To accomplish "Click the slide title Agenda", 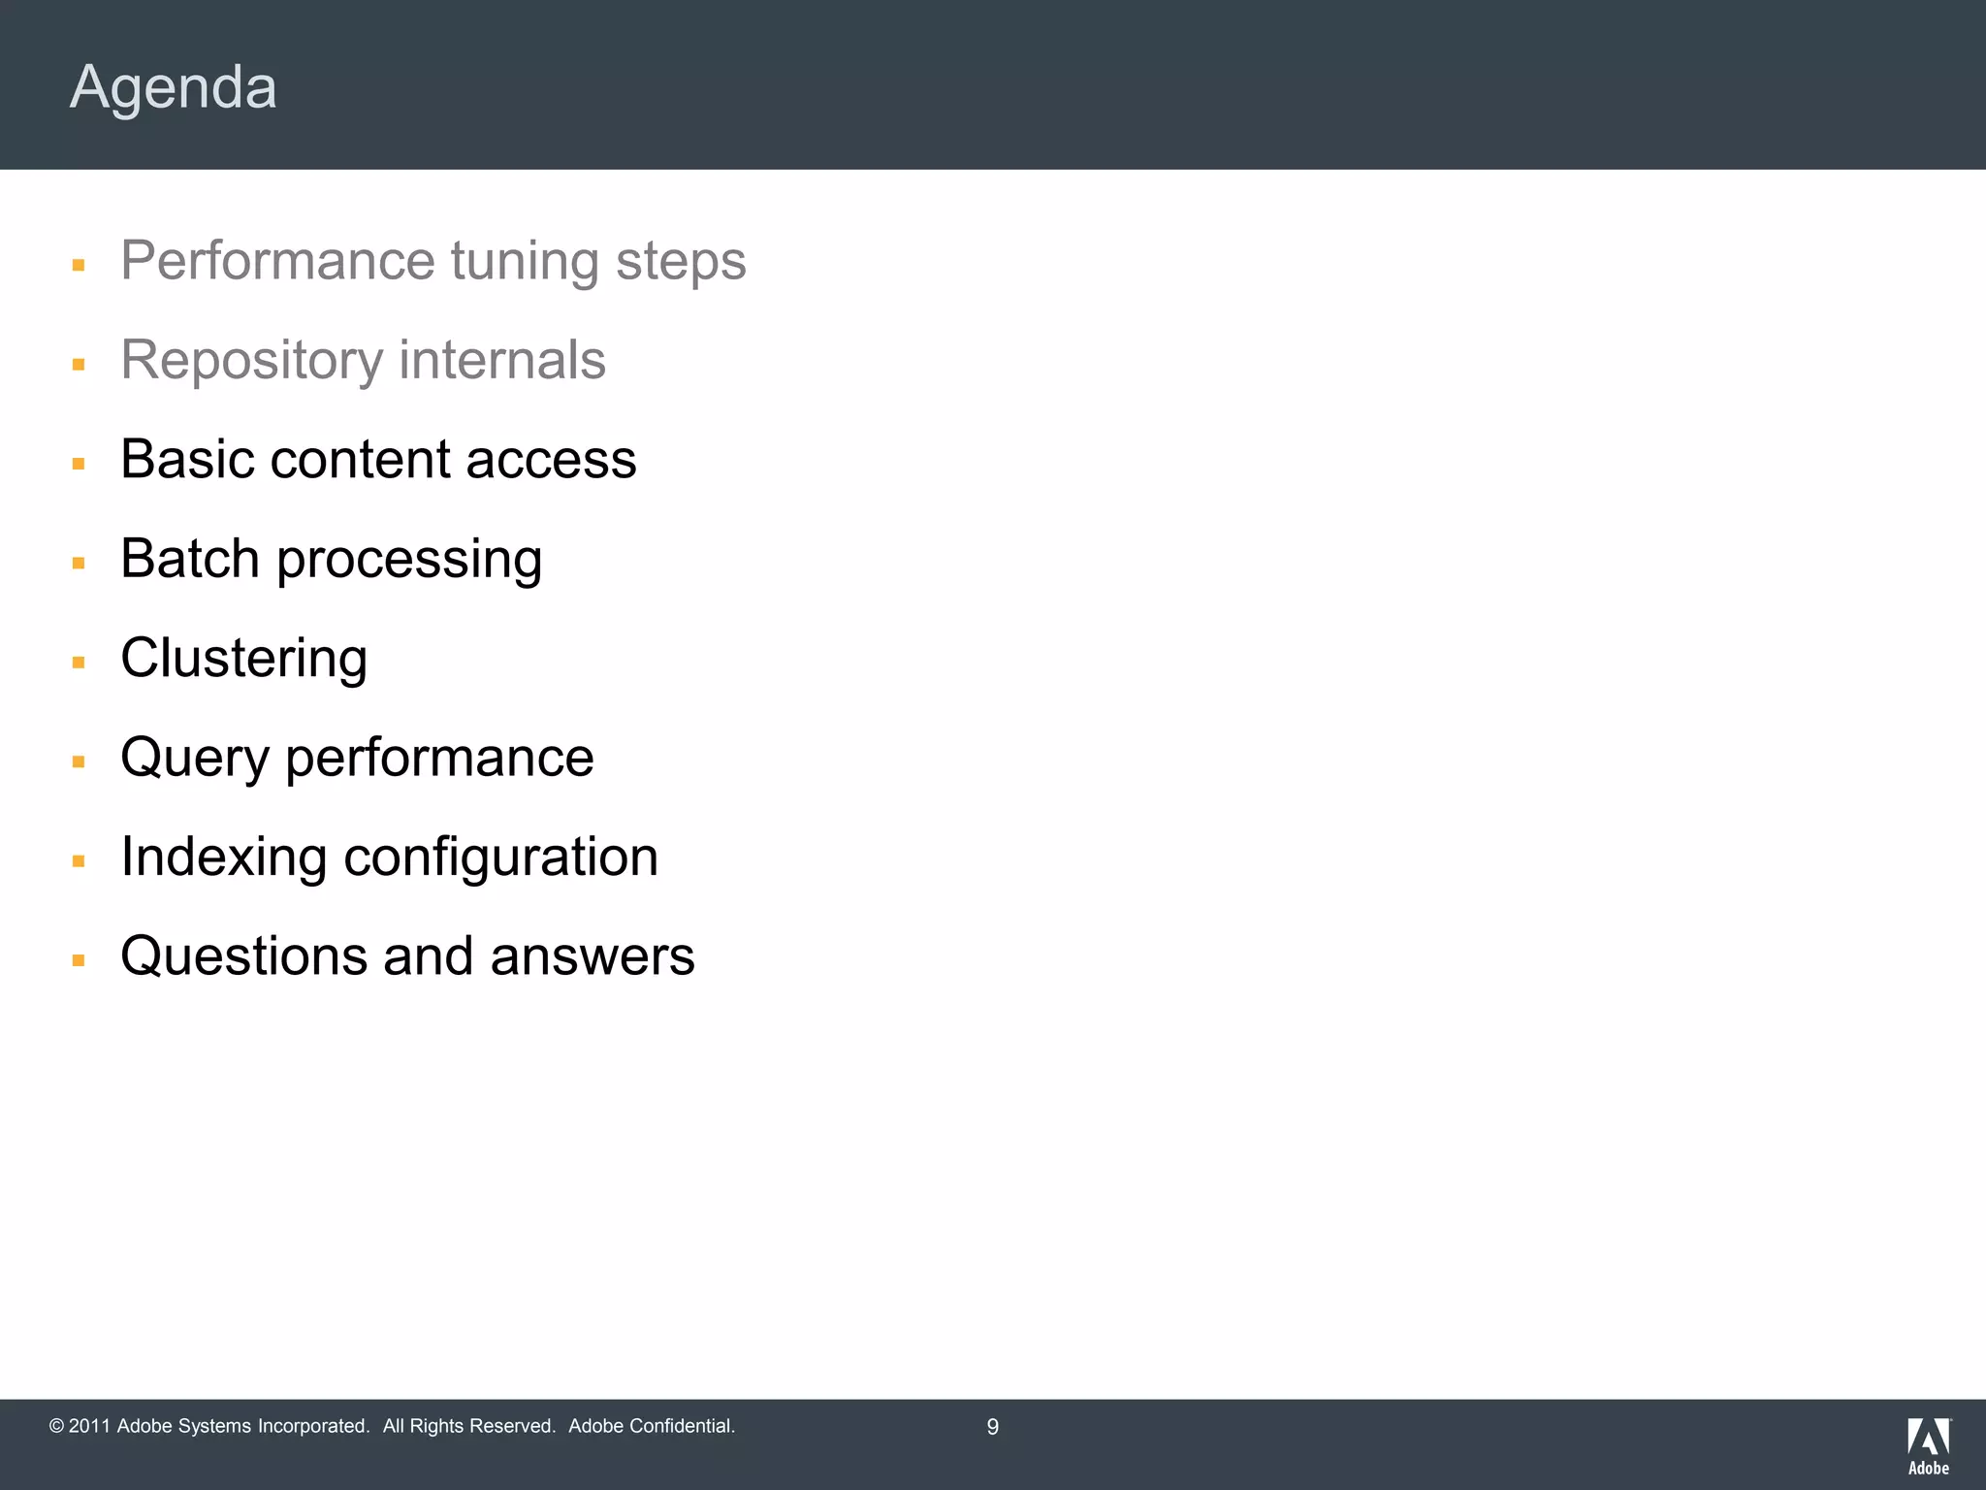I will pos(174,87).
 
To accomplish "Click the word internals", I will pos(502,360).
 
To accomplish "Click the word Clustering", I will pos(244,659).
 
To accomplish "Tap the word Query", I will pos(194,759).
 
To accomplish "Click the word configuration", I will pos(500,858).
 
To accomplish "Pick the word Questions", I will pos(243,956).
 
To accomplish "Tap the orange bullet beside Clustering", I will pos(79,664).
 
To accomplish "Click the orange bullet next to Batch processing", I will pos(79,564).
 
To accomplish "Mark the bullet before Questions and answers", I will pos(79,961).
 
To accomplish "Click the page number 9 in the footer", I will pos(992,1427).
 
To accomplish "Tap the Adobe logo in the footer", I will pos(1928,1445).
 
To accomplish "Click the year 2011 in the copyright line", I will pos(89,1426).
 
